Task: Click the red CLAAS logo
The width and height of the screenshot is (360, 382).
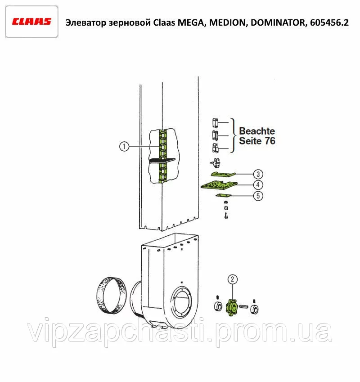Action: (31, 22)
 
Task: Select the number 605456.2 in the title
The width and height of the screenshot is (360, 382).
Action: (329, 22)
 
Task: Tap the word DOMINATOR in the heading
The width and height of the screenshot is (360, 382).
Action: (278, 22)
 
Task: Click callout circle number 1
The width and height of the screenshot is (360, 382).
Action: (124, 146)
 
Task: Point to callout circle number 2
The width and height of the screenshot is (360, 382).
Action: (232, 279)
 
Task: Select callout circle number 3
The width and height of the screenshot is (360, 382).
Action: (258, 174)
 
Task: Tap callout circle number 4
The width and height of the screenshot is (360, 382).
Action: (258, 185)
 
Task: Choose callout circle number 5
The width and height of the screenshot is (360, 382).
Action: (258, 196)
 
